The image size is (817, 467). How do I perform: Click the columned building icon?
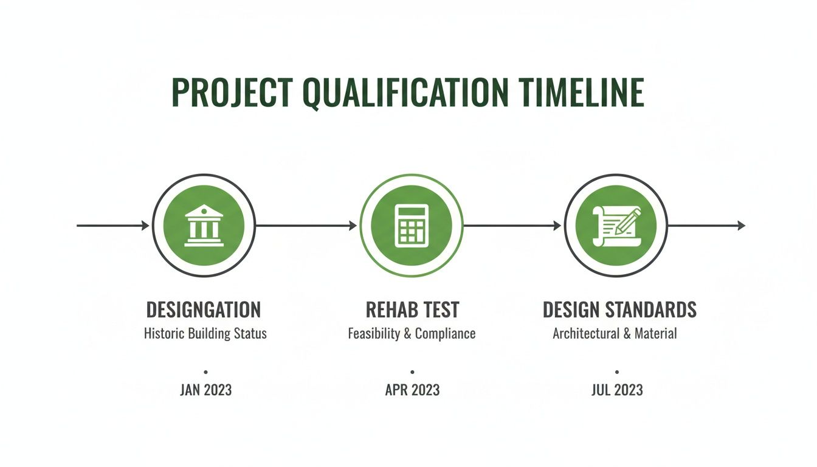204,226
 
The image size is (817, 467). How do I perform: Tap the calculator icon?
412,226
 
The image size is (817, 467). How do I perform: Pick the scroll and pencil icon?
616,226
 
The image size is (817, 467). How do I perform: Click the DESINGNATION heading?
204,310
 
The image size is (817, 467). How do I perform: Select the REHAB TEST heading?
412,310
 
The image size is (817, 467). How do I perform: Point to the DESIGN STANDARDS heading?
619,310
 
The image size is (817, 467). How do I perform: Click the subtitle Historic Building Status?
205,334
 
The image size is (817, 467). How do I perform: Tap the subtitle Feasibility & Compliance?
412,334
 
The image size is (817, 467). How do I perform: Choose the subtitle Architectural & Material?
615,334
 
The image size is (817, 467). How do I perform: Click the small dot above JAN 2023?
205,372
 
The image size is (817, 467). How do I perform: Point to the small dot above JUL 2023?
617,372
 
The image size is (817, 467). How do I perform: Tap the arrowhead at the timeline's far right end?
742,226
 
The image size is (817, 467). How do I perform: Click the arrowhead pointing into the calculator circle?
353,226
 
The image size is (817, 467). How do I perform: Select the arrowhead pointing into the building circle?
145,226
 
